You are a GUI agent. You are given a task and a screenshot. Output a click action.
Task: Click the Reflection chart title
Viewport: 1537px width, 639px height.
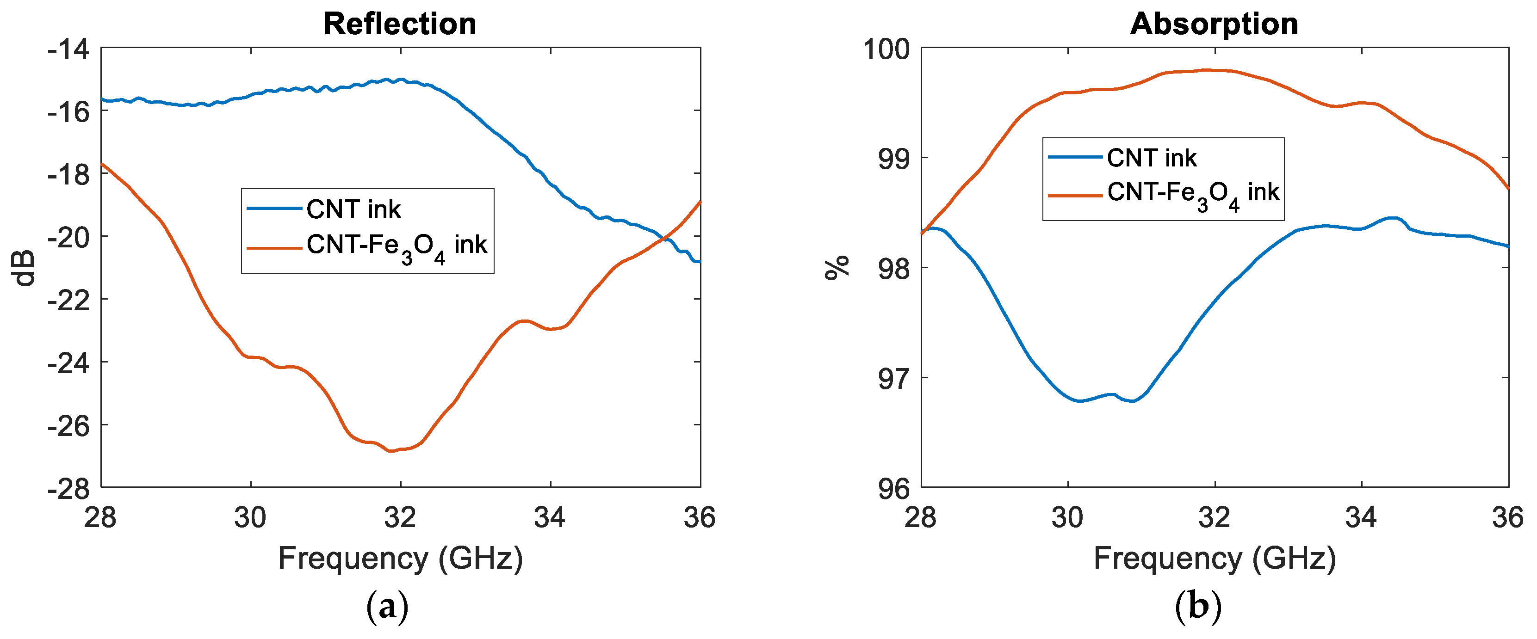click(400, 25)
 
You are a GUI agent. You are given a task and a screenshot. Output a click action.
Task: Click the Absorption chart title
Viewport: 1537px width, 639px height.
click(1214, 25)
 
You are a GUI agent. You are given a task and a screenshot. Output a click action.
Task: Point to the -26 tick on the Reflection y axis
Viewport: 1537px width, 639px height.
click(68, 425)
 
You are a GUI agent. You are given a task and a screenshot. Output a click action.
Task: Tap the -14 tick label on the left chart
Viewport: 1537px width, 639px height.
click(68, 49)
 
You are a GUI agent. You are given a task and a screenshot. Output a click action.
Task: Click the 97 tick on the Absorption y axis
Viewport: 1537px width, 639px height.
click(894, 379)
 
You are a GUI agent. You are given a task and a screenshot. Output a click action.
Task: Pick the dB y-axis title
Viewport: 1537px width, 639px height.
click(25, 268)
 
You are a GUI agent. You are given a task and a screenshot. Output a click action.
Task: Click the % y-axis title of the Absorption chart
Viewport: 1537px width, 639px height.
click(837, 268)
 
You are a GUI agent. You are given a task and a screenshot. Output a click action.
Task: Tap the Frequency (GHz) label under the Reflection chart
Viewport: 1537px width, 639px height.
click(400, 559)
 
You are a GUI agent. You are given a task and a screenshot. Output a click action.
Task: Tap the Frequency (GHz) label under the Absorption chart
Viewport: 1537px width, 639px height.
click(1214, 559)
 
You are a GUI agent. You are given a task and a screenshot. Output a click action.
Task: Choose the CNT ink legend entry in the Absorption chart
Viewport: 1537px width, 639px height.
click(1151, 158)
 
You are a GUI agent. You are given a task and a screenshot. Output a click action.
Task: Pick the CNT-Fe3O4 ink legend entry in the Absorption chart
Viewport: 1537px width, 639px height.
click(1193, 193)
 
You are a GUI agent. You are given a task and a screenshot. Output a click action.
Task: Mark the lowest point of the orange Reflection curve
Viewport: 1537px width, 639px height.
click(391, 451)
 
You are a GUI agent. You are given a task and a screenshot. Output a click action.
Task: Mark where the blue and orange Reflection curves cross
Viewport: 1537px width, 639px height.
click(662, 240)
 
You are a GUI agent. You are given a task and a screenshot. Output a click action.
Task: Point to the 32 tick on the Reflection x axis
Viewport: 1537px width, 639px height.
click(400, 517)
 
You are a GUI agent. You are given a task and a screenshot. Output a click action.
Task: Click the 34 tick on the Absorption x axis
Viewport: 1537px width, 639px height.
click(1361, 517)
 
